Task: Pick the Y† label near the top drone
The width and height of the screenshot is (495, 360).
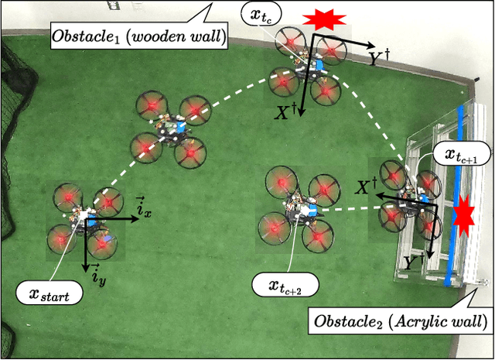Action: [x=377, y=56]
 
